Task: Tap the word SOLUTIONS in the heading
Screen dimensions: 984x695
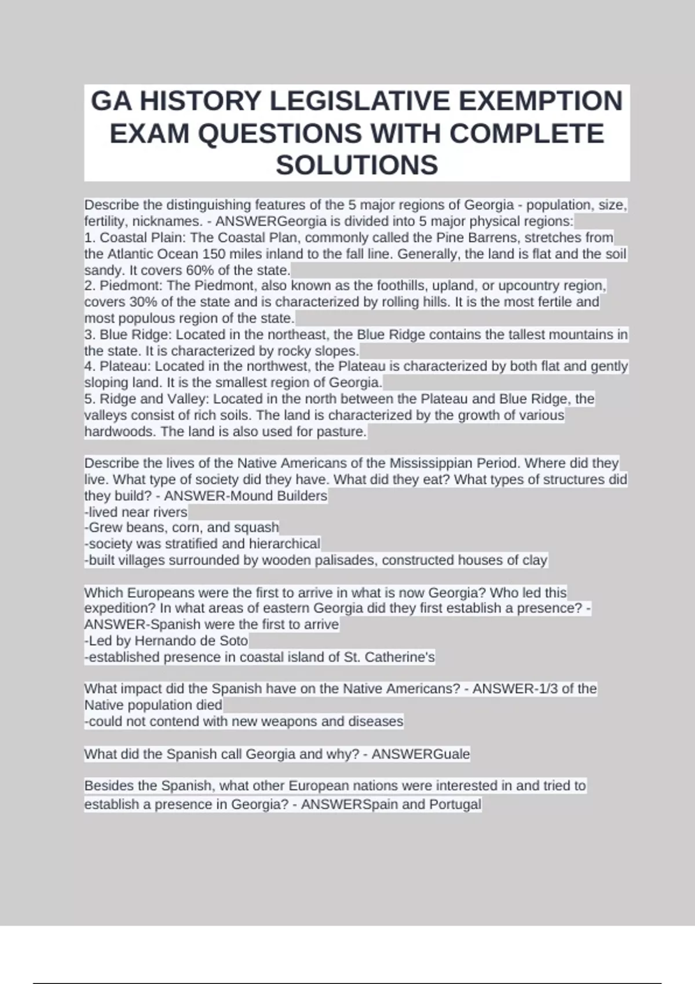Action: [357, 165]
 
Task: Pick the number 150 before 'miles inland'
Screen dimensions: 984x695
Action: [213, 254]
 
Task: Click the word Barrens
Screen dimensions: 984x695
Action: [494, 238]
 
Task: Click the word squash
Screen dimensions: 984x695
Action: [257, 527]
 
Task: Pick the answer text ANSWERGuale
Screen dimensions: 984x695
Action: [421, 754]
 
